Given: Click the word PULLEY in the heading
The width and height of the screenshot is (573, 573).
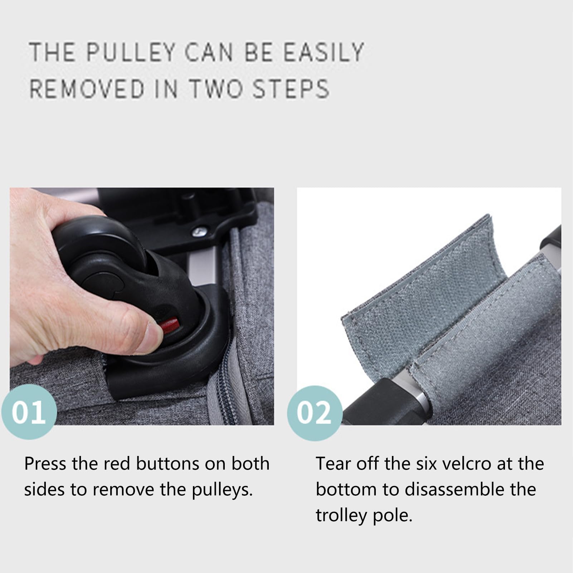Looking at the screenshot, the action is [x=131, y=52].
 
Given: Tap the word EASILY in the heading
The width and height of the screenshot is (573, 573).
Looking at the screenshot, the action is [x=324, y=52].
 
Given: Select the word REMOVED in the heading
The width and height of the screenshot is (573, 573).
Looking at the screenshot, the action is [x=87, y=89].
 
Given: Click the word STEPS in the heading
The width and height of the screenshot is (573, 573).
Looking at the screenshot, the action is [x=291, y=89].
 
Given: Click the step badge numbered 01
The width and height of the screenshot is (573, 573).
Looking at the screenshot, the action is [x=29, y=412].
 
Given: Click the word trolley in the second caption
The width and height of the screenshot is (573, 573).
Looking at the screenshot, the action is [x=341, y=516].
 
